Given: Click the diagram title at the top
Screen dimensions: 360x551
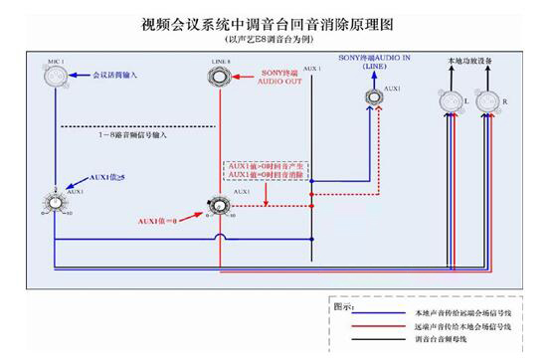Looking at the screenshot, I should pyautogui.click(x=274, y=21).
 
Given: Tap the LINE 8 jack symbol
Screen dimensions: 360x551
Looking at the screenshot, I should pyautogui.click(x=222, y=79).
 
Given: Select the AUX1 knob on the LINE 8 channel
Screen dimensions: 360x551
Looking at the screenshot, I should pyautogui.click(x=221, y=202).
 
